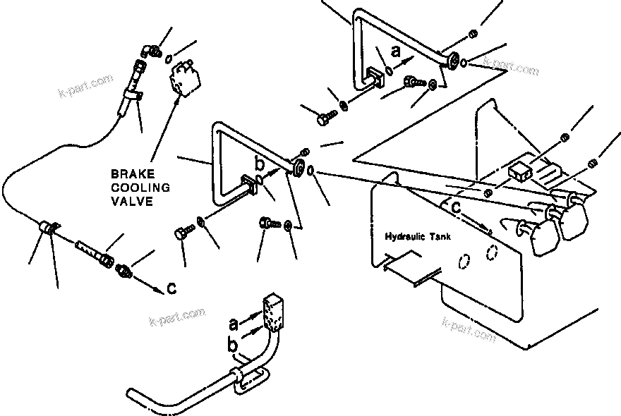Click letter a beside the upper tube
pyautogui.click(x=395, y=51)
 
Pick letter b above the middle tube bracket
pyautogui.click(x=259, y=164)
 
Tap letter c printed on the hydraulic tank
pyautogui.click(x=457, y=208)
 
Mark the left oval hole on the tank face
pyautogui.click(x=462, y=262)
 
